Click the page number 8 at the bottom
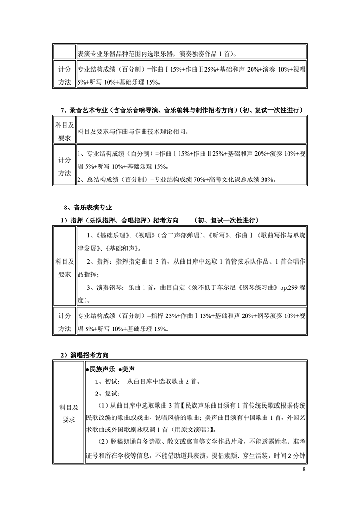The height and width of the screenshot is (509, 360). point(304,469)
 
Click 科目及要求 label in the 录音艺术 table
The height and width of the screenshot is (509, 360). point(65,131)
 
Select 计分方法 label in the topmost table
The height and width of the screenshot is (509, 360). point(65,75)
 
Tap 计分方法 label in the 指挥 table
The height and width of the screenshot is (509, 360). point(65,323)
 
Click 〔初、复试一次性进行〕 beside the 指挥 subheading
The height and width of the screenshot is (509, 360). point(226,220)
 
